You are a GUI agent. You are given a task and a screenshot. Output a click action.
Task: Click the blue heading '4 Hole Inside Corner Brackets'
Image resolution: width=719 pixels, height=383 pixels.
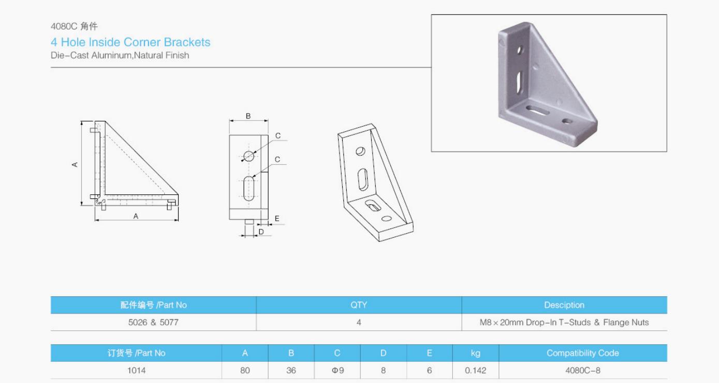tap(130, 42)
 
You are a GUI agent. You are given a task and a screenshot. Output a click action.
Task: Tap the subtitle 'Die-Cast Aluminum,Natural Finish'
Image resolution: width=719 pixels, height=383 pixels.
tap(120, 55)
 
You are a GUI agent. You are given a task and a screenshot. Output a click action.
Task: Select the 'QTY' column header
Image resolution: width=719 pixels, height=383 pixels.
tap(359, 305)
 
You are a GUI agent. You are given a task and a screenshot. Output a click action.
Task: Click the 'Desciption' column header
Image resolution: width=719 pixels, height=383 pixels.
tap(564, 305)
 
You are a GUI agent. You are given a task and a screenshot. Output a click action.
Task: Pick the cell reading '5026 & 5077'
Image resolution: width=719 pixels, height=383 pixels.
tap(153, 323)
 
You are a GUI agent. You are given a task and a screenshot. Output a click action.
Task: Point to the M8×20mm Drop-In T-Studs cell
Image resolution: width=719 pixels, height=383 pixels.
tap(564, 323)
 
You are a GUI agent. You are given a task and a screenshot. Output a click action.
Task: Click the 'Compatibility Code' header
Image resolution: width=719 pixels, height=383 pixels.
tap(582, 353)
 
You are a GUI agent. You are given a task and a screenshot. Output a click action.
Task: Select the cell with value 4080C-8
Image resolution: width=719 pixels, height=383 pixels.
tap(582, 371)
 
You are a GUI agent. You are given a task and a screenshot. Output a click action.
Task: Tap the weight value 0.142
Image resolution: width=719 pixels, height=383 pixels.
tap(475, 371)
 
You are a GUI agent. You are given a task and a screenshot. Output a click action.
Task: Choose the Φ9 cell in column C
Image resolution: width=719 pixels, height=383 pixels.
tap(337, 371)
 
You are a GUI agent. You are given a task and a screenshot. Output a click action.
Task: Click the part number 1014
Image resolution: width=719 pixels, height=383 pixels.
tap(136, 371)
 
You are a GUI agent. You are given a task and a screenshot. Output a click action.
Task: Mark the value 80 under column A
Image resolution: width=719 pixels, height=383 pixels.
tap(245, 371)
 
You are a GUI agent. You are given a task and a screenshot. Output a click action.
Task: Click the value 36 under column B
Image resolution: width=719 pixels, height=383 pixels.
tap(291, 371)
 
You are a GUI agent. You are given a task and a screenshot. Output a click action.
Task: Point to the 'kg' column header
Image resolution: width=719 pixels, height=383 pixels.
tap(475, 353)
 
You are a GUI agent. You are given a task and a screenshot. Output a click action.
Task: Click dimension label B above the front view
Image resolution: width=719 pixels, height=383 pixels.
tap(248, 116)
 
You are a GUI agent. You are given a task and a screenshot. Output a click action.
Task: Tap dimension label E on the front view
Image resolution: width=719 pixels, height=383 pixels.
tap(277, 219)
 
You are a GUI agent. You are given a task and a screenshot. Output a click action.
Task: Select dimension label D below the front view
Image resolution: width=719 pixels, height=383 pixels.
tap(261, 232)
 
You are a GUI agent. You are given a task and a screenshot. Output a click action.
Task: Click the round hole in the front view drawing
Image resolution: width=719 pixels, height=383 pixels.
tap(249, 156)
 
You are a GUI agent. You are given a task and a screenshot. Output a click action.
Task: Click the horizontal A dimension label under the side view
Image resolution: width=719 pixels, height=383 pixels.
tap(136, 217)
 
